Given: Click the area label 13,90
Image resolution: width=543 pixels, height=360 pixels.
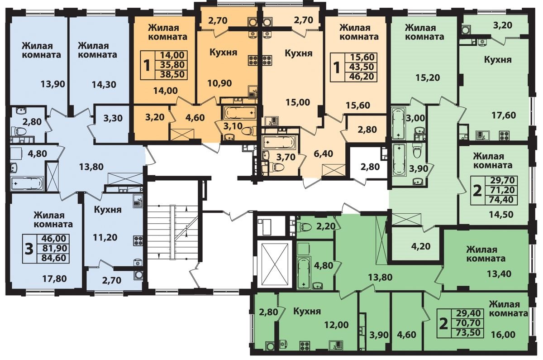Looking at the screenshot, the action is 53,84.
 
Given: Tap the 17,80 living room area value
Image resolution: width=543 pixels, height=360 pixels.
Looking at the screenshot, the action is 54,279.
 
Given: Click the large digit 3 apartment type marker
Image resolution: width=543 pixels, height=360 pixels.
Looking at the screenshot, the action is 29,249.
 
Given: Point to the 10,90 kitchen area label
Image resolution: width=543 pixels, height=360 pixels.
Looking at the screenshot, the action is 219,83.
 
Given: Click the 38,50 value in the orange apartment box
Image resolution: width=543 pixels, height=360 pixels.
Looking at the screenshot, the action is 172,74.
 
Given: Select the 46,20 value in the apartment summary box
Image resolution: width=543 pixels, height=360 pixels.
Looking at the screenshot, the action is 362,76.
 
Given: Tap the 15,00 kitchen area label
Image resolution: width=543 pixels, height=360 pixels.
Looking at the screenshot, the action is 298,102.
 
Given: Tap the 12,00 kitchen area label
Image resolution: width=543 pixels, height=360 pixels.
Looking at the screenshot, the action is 337,325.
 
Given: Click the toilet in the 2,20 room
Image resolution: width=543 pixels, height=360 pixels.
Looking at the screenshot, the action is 306,226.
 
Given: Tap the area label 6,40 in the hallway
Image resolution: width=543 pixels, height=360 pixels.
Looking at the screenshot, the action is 324,154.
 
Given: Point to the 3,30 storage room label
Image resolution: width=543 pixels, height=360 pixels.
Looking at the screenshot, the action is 113,118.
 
